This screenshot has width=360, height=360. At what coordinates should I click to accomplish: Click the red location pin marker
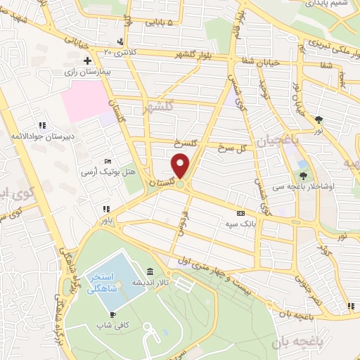pyautogui.click(x=181, y=166)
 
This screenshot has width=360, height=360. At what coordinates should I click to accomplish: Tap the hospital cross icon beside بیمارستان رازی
pyautogui.click(x=86, y=61)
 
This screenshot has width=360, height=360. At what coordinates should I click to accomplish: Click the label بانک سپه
pyautogui.click(x=239, y=223)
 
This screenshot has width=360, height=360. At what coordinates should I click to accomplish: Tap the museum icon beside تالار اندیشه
pyautogui.click(x=150, y=272)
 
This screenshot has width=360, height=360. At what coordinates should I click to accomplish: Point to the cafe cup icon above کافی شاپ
pyautogui.click(x=112, y=314)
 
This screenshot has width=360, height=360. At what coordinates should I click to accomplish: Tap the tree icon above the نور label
pyautogui.click(x=319, y=120)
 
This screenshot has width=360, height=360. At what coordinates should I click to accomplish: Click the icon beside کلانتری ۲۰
pyautogui.click(x=122, y=41)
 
